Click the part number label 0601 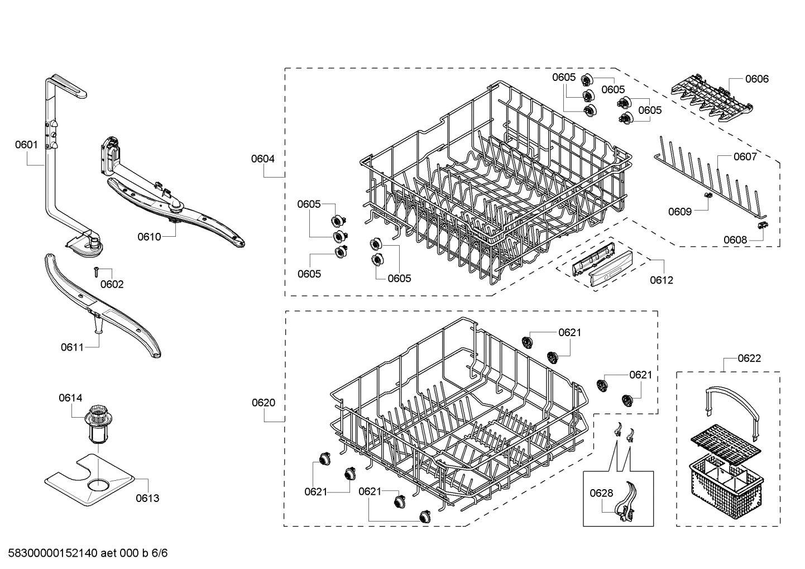26,145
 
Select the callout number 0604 262,159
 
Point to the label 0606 756,79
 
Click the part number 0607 745,156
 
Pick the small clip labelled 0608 761,224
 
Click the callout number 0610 149,237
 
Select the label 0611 72,347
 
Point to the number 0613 147,498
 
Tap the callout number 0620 263,403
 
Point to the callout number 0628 601,493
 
